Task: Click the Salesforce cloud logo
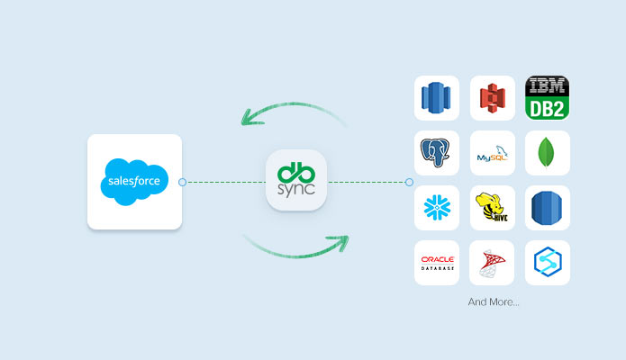(x=134, y=180)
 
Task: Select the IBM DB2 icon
(x=548, y=97)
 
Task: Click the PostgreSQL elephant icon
(x=437, y=153)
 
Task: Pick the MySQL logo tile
(x=492, y=154)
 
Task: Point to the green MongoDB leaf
(x=547, y=153)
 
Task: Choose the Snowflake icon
(x=437, y=208)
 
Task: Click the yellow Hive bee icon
(x=492, y=208)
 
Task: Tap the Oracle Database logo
(x=437, y=263)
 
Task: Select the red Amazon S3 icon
(x=492, y=97)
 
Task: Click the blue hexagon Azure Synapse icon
(x=547, y=263)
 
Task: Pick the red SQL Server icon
(x=492, y=263)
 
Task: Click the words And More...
(x=493, y=301)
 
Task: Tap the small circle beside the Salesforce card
(x=183, y=182)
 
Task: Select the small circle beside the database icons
(x=409, y=182)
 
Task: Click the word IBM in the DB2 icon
(x=548, y=87)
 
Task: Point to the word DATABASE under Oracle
(x=437, y=268)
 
